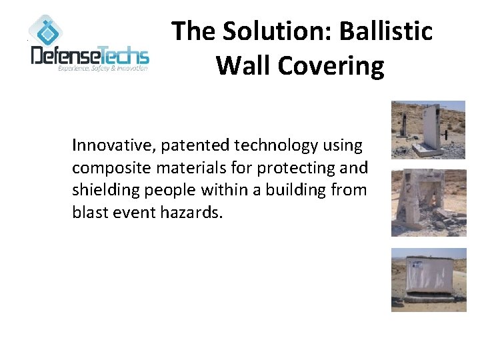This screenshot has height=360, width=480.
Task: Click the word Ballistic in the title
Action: coord(387,31)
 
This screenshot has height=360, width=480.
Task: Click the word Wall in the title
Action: coord(241,66)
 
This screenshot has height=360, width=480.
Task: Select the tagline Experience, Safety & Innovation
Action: coord(103,69)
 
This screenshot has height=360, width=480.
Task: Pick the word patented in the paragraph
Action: coord(190,145)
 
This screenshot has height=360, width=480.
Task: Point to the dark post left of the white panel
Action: coord(405,123)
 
